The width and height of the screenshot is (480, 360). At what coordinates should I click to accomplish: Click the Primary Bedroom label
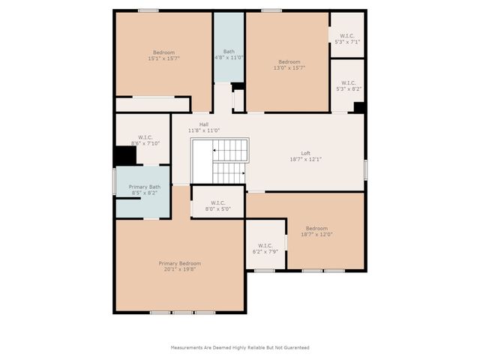pyautogui.click(x=179, y=263)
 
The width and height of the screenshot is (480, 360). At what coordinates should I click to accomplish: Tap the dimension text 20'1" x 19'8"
pyautogui.click(x=179, y=270)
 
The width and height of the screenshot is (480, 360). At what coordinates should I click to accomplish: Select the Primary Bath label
pyautogui.click(x=144, y=187)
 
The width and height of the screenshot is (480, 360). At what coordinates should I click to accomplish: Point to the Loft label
pyautogui.click(x=305, y=153)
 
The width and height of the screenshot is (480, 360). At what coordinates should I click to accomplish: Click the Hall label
pyautogui.click(x=203, y=124)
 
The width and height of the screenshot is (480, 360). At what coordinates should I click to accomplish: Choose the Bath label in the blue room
pyautogui.click(x=229, y=51)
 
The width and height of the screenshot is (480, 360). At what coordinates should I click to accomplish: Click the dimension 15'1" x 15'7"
pyautogui.click(x=163, y=58)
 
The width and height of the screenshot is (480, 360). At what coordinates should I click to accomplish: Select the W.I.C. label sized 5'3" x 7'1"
pyautogui.click(x=346, y=35)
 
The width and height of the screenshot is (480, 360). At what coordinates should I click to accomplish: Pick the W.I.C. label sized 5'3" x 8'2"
pyautogui.click(x=348, y=82)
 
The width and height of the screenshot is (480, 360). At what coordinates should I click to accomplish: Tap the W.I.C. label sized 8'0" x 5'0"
pyautogui.click(x=217, y=202)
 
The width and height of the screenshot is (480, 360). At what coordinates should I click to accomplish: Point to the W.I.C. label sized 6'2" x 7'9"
pyautogui.click(x=265, y=245)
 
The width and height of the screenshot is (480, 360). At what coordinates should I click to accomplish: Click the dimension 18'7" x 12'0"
pyautogui.click(x=316, y=235)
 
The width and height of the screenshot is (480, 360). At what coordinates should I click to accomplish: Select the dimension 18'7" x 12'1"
pyautogui.click(x=305, y=160)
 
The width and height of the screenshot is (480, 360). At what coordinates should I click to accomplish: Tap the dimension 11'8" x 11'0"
pyautogui.click(x=203, y=131)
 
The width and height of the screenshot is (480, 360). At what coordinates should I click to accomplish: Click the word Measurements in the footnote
pyautogui.click(x=187, y=347)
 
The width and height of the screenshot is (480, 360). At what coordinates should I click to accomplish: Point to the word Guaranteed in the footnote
pyautogui.click(x=293, y=347)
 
